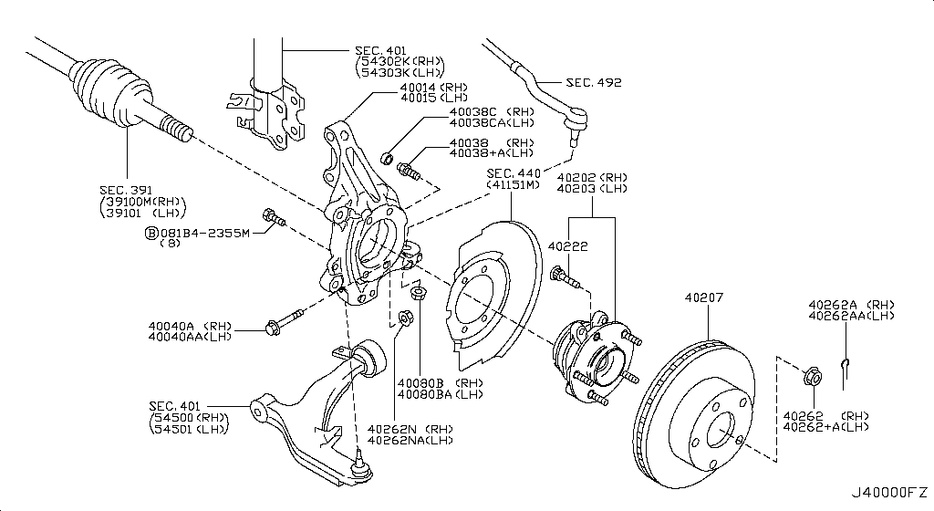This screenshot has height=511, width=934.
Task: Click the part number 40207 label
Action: (701, 297)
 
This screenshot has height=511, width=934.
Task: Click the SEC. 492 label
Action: (594, 82)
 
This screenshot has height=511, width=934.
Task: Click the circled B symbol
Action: (150, 233)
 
